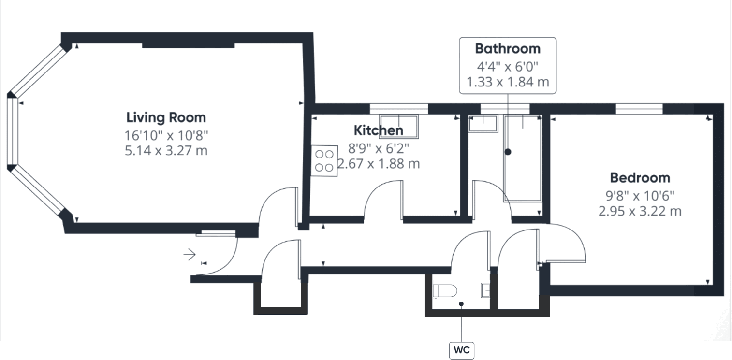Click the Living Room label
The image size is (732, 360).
166,117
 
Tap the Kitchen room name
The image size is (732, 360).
378,130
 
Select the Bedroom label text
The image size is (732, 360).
640,178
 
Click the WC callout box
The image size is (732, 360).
462,349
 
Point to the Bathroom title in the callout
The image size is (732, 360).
507,49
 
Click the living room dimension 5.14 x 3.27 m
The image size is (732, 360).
166,150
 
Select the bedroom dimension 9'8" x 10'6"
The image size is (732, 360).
640,195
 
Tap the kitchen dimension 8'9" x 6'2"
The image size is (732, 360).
378,147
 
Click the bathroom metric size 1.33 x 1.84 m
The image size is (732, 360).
507,82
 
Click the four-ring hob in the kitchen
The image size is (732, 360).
324,161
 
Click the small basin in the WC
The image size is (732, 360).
485,290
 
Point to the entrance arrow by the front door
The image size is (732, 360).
189,254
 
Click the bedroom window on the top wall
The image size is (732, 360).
639,110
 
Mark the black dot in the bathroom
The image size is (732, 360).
508,152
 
